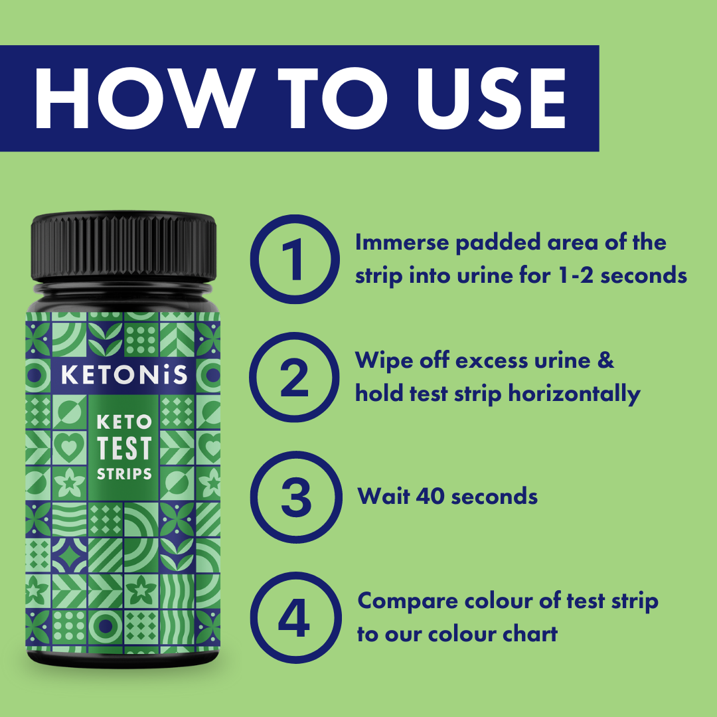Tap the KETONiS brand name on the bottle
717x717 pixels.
(x=124, y=375)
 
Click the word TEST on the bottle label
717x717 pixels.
(x=124, y=448)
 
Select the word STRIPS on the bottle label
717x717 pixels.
(x=124, y=475)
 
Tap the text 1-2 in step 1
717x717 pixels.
(x=572, y=276)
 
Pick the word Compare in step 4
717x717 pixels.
(x=406, y=601)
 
